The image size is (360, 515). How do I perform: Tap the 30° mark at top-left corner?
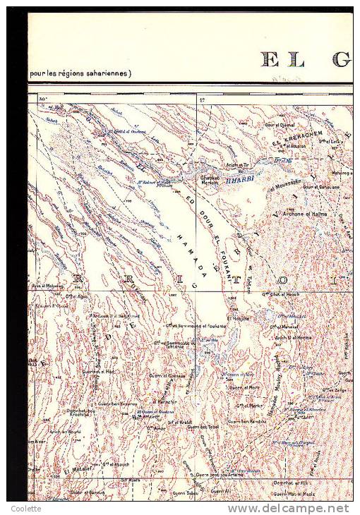tap(42, 99)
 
